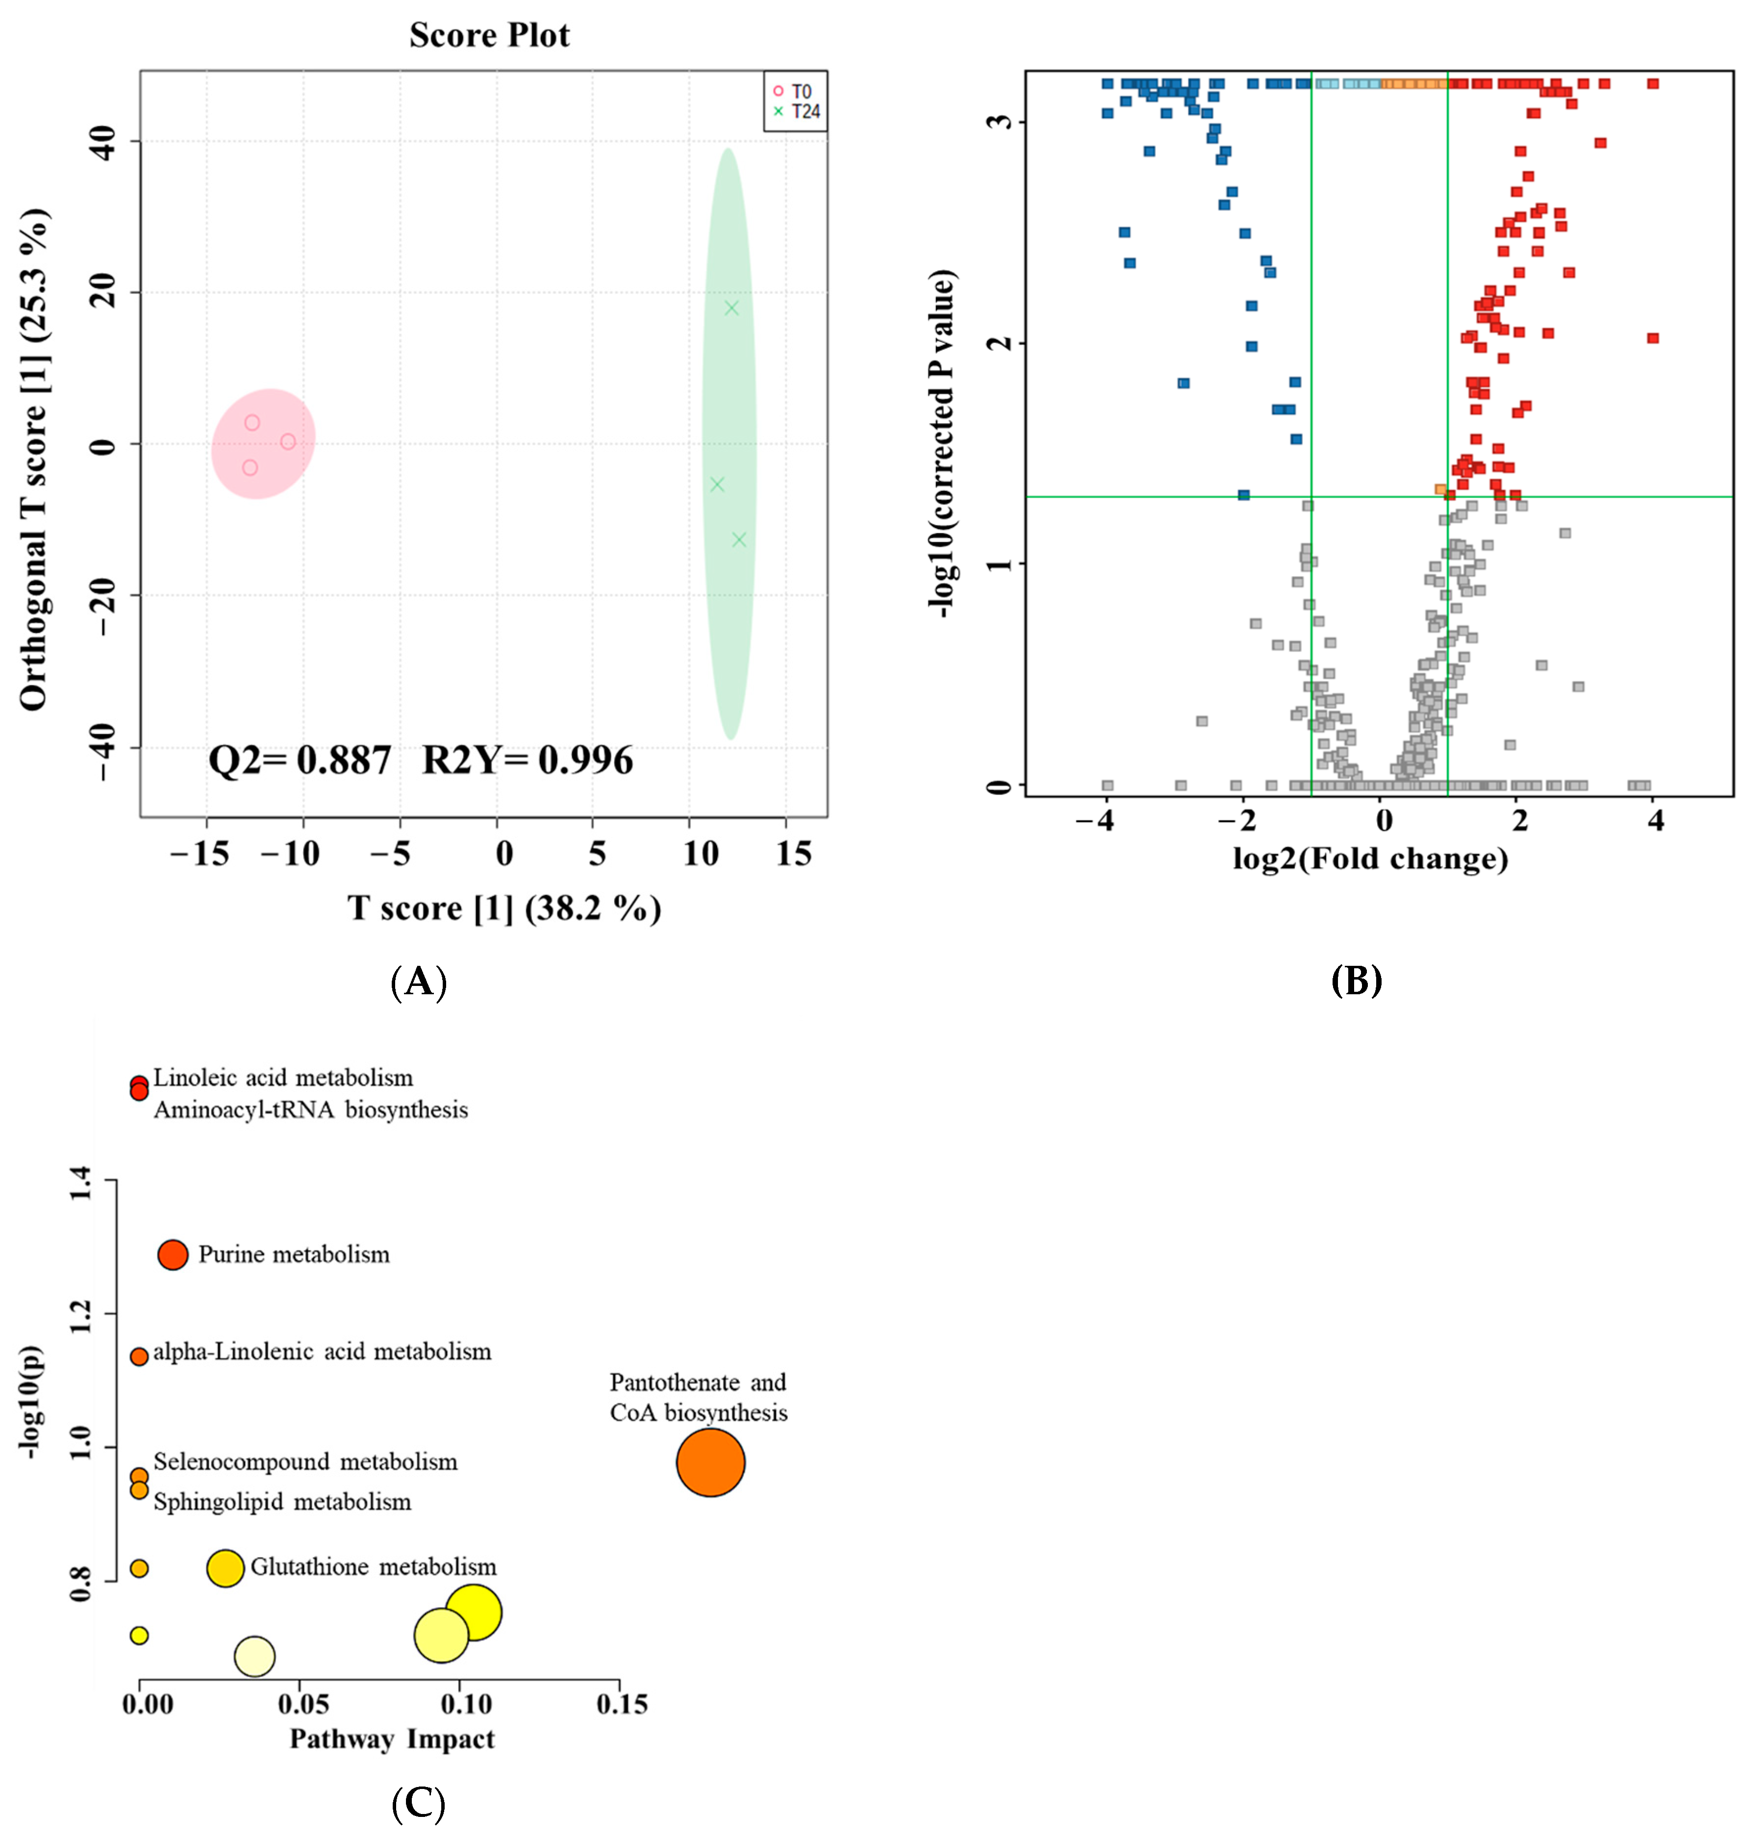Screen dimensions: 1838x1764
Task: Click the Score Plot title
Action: click(489, 36)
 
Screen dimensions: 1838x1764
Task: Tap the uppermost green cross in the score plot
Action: click(731, 307)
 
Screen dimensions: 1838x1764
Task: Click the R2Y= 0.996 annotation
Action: click(527, 759)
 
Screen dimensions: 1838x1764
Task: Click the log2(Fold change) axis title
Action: click(1370, 858)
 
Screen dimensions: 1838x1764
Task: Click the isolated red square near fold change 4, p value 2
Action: click(1652, 338)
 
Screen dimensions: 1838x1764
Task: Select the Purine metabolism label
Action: click(294, 1255)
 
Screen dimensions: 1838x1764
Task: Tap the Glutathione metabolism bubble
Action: click(225, 1568)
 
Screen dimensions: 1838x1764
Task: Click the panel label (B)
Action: click(1356, 981)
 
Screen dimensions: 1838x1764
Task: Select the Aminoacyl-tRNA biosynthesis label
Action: click(310, 1110)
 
